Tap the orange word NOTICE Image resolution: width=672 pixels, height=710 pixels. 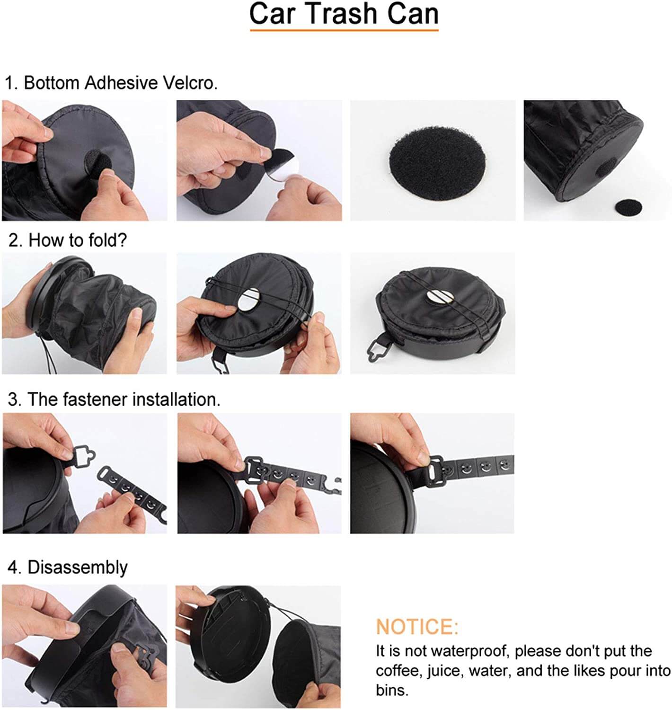pos(416,627)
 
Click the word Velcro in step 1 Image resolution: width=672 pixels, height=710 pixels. pos(190,83)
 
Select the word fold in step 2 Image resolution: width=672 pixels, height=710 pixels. pos(106,240)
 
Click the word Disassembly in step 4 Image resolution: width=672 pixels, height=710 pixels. pos(77,568)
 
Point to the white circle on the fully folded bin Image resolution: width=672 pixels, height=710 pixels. pos(440,296)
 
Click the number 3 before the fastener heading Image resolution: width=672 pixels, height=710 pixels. pos(14,400)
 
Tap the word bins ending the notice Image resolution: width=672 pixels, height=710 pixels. pos(392,691)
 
